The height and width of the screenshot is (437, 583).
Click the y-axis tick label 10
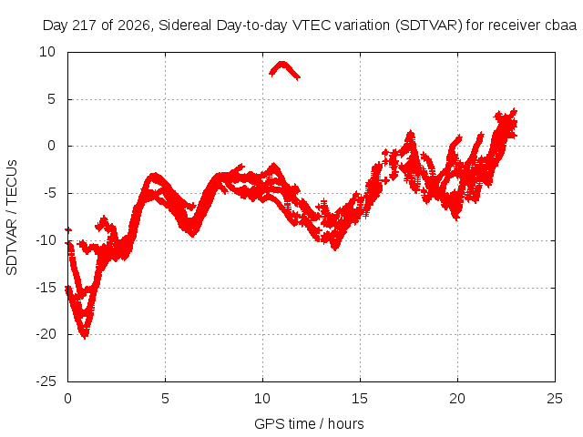point(47,52)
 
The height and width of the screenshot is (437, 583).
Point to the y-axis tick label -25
point(46,381)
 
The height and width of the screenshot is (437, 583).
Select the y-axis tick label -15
point(46,288)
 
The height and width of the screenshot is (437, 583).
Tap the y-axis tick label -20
point(46,334)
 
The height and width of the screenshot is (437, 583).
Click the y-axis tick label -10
point(46,240)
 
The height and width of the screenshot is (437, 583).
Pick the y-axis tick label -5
point(50,193)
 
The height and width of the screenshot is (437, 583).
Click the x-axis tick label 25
point(555,399)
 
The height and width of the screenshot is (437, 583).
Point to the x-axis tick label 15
point(360,399)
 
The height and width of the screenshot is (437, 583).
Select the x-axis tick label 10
point(262,399)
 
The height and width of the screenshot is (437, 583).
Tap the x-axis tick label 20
point(457,399)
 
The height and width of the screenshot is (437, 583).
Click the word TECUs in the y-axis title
point(12,182)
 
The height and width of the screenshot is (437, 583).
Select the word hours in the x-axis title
point(346,424)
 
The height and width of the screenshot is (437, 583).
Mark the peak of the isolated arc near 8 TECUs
point(282,63)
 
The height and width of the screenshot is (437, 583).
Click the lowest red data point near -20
point(85,338)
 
